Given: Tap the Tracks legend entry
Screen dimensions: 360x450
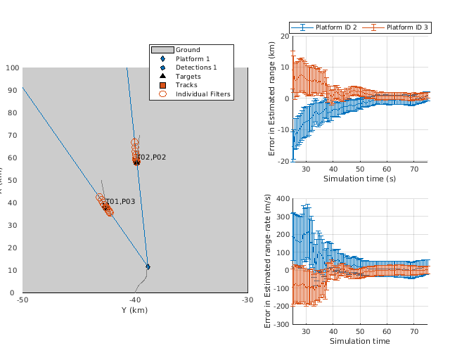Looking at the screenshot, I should click(x=186, y=85).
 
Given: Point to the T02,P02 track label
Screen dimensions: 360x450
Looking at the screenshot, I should click(x=151, y=157).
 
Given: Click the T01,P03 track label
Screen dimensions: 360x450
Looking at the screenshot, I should click(x=120, y=202).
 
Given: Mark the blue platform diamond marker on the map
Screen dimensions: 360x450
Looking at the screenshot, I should click(x=148, y=266).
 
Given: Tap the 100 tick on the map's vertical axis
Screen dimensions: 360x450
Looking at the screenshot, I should click(x=12, y=68).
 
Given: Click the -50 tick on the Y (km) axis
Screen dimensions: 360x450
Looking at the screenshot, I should click(x=22, y=300).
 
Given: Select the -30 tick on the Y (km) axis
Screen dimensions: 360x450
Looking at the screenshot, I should click(x=247, y=300).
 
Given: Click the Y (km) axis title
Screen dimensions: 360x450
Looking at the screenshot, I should click(x=135, y=310).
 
